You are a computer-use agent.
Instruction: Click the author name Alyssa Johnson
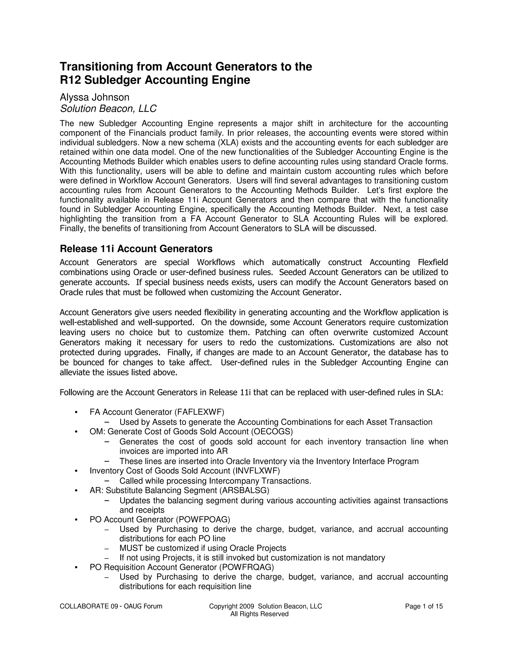(95, 97)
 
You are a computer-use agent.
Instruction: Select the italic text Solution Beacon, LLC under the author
(108, 109)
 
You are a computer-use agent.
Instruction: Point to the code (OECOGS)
(272, 431)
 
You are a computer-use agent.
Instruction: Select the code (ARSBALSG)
(244, 490)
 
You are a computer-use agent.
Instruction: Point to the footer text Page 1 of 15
(424, 606)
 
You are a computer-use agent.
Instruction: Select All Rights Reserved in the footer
(259, 614)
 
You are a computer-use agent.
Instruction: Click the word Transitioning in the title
(96, 66)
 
